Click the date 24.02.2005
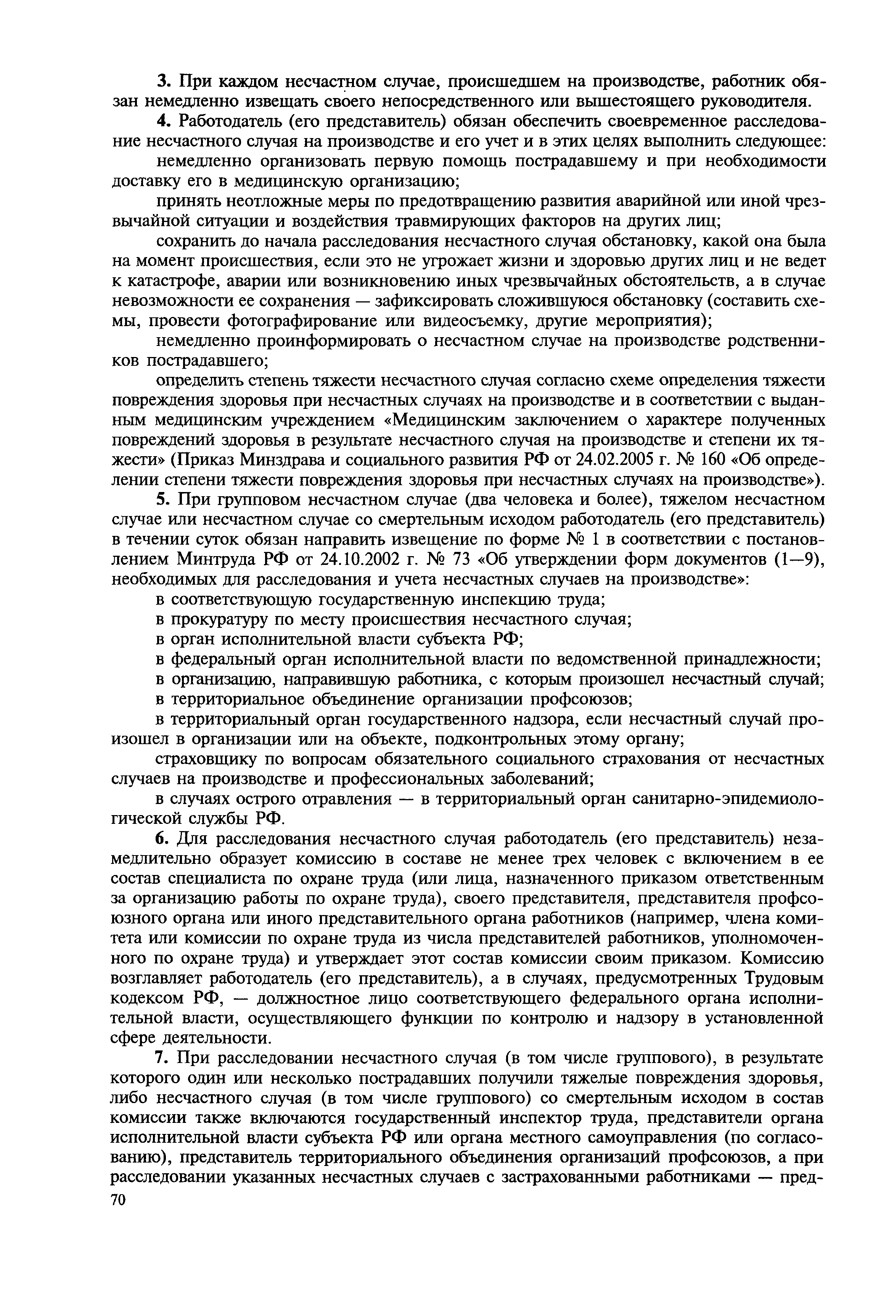click(x=616, y=460)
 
